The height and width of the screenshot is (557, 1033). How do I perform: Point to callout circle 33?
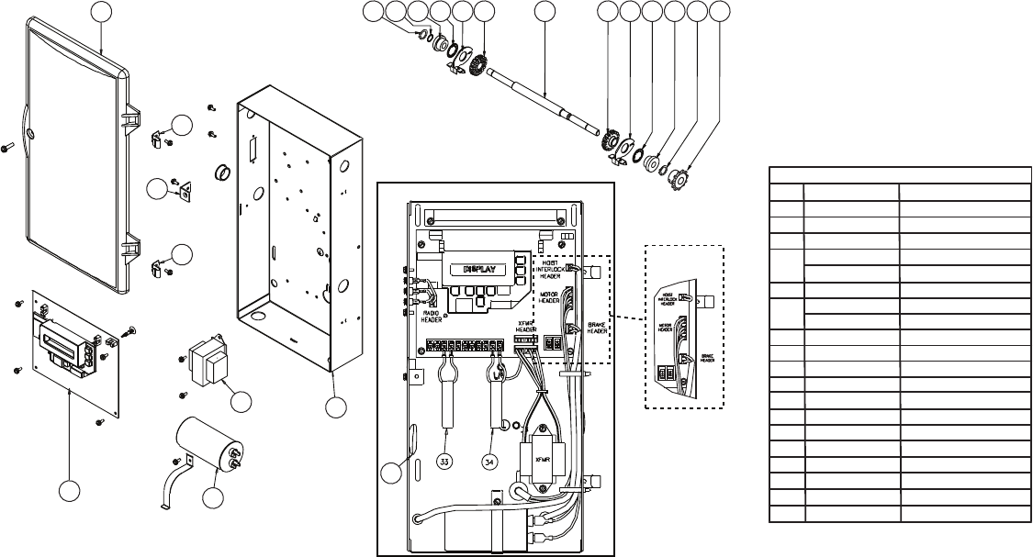pos(445,462)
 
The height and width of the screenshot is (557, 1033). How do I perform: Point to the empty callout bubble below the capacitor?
pos(212,498)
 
